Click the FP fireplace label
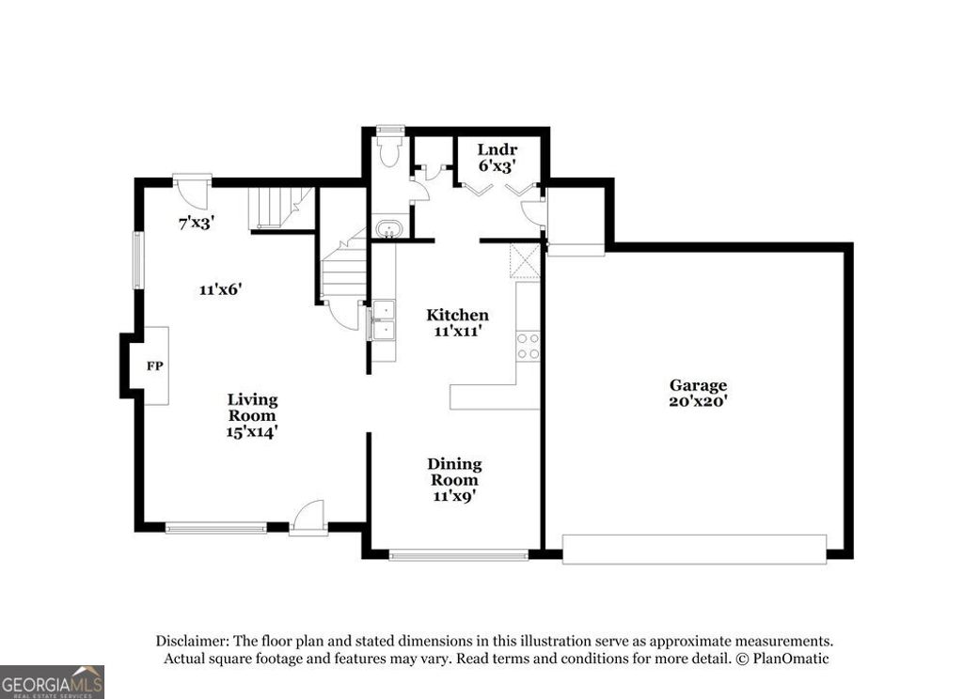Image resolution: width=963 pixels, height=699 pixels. (154, 365)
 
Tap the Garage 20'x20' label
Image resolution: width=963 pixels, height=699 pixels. (698, 393)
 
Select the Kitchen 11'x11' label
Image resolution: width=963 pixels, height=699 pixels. (457, 322)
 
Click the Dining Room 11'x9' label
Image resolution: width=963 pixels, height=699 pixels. (454, 480)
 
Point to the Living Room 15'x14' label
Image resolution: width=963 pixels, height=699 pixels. (252, 415)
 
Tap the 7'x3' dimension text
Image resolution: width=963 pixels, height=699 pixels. (197, 224)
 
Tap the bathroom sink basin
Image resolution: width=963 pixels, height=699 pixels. (387, 228)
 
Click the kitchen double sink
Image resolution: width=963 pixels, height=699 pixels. (384, 319)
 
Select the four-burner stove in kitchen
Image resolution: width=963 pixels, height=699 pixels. (529, 347)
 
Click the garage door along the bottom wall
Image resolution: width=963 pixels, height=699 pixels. (694, 550)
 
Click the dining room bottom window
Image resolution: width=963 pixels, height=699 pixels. (459, 555)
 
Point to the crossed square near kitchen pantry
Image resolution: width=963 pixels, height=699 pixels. (524, 262)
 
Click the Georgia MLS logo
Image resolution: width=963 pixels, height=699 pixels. (52, 682)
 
